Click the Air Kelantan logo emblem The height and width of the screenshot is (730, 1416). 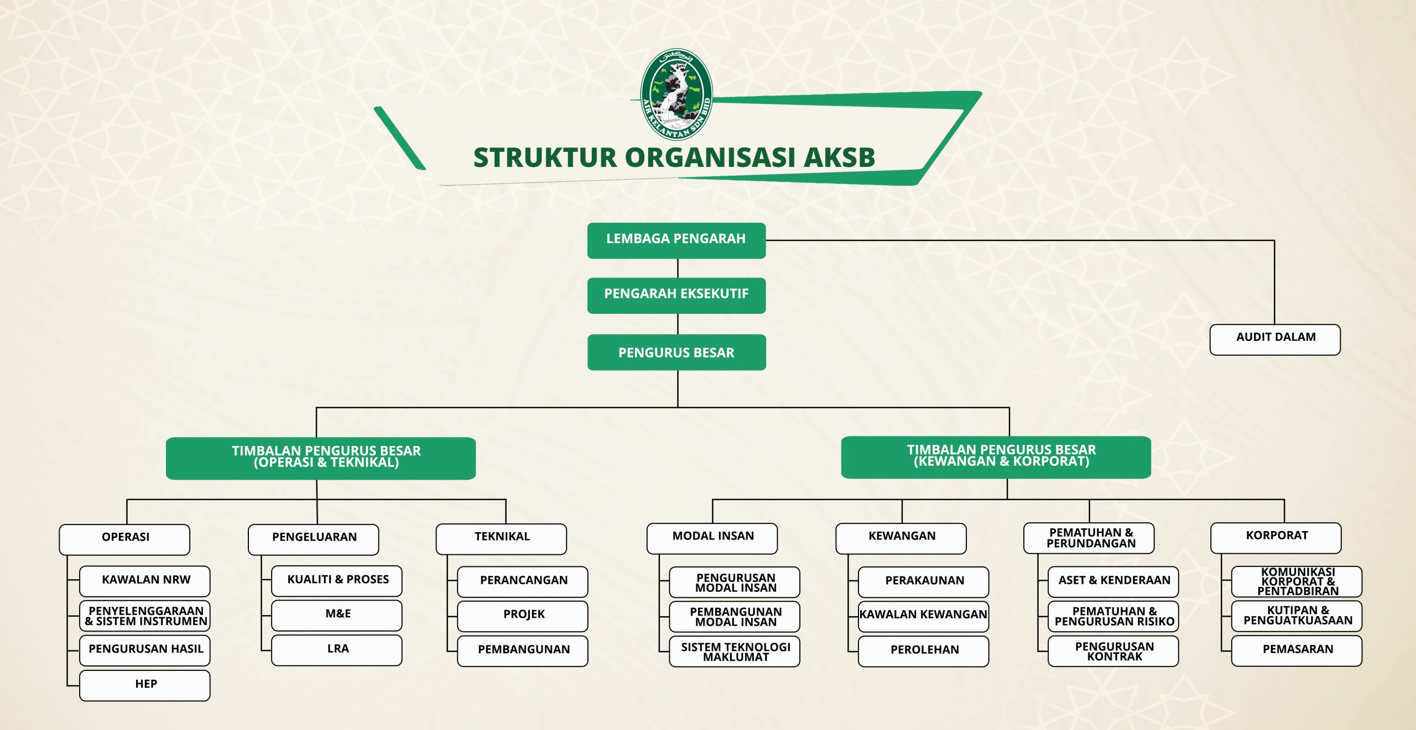pos(676,94)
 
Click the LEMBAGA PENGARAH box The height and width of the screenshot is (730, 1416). pos(676,240)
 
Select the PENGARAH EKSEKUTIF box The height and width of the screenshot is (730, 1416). pos(676,296)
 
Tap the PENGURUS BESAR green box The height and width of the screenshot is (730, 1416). pos(676,353)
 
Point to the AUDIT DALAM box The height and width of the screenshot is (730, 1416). pos(1275,339)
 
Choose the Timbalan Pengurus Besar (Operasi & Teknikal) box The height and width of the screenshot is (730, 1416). pos(321,458)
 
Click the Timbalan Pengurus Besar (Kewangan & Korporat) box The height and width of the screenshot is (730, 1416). pos(996,457)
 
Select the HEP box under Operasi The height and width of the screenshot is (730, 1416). pos(145,685)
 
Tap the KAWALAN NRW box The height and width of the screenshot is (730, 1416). pos(145,581)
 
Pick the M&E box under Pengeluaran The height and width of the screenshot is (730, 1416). pos(337,615)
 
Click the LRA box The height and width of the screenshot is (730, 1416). pos(337,650)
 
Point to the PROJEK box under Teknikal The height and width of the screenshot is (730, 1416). pos(523,616)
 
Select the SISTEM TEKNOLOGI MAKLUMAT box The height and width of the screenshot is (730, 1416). pos(735,652)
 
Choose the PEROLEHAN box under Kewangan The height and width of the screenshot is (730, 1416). pos(924,651)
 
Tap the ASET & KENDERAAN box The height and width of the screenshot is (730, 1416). pos(1113,581)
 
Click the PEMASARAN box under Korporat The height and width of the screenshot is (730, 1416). pos(1297,650)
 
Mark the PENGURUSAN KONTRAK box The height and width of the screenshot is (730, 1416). pos(1113,651)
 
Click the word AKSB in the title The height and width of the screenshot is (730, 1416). pos(839,157)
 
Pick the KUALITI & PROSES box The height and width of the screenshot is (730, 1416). pos(337,581)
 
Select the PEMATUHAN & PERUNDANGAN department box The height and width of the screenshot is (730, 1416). pos(1089,538)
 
